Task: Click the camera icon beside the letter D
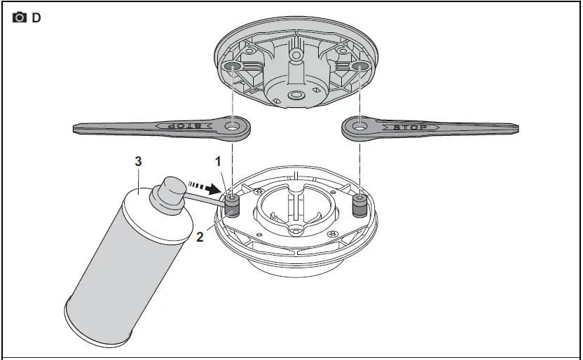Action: click(20, 18)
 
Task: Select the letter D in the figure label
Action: click(36, 18)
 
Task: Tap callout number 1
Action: click(218, 162)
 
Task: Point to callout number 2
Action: click(200, 237)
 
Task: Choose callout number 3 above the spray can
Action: click(138, 161)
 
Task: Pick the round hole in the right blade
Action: click(359, 127)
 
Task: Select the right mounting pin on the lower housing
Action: click(359, 205)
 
